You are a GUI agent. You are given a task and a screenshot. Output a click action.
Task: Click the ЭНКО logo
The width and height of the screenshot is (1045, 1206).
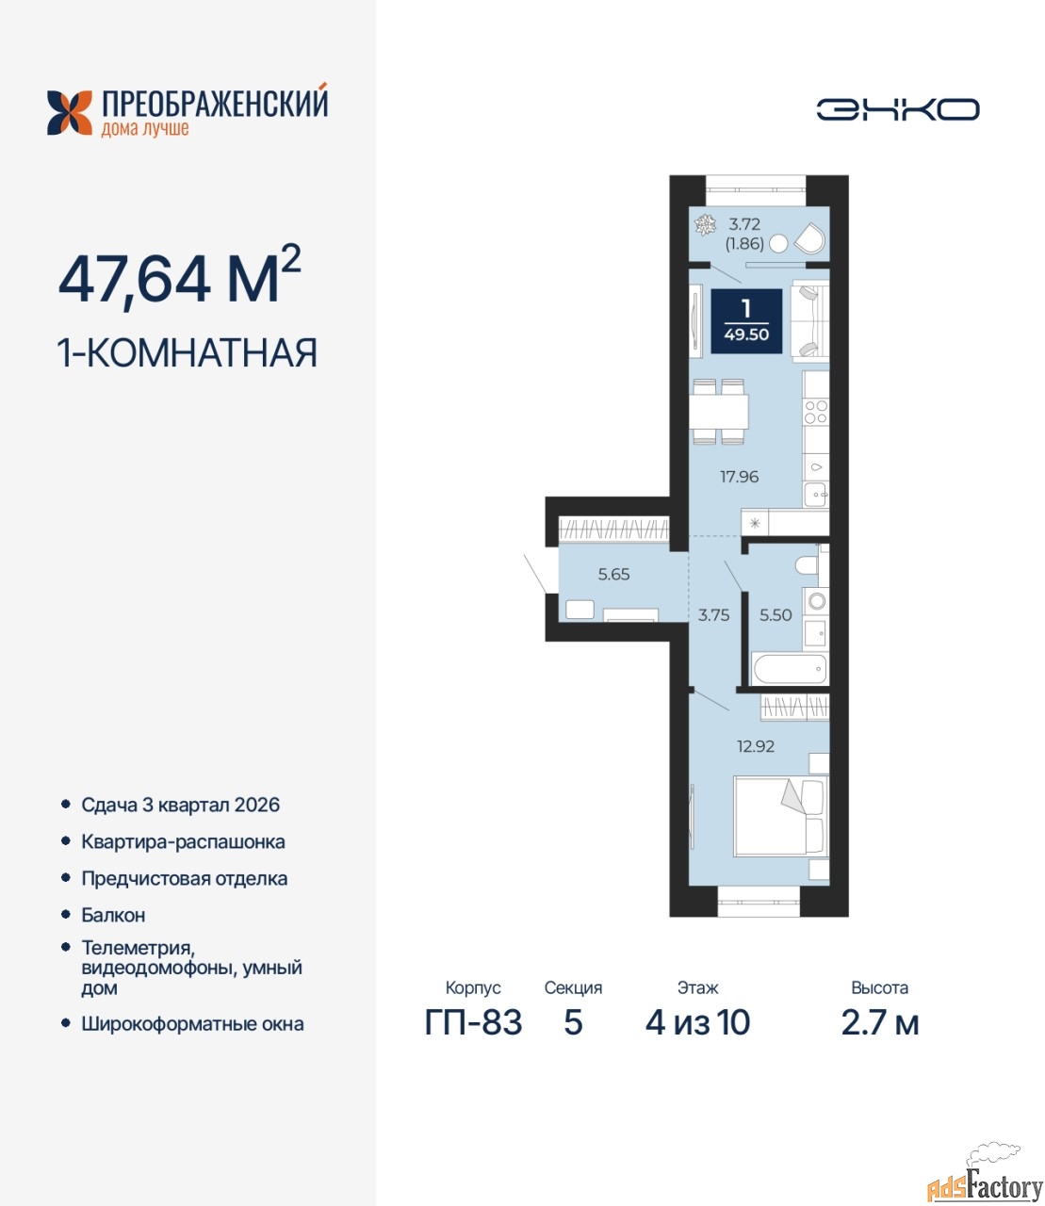pyautogui.click(x=897, y=109)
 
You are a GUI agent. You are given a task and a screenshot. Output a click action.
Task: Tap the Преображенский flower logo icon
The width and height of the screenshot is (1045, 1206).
pyautogui.click(x=70, y=113)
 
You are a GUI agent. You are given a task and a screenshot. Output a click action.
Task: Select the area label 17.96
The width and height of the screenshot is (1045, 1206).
pyautogui.click(x=740, y=477)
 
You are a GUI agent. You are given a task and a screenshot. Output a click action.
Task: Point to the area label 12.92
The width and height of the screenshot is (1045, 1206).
pyautogui.click(x=756, y=745)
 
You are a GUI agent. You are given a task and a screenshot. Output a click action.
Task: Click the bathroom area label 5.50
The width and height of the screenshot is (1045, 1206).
pyautogui.click(x=776, y=614)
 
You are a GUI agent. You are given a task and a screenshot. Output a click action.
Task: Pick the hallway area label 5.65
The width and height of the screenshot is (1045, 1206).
pyautogui.click(x=613, y=574)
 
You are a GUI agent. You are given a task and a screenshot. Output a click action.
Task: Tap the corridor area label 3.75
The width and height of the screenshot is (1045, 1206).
pyautogui.click(x=713, y=615)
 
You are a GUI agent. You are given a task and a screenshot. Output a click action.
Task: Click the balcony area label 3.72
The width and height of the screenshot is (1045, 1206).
pyautogui.click(x=743, y=223)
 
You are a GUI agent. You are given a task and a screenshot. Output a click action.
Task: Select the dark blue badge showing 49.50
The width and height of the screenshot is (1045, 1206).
pyautogui.click(x=746, y=321)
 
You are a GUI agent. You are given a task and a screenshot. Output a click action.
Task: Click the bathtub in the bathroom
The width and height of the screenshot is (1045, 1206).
pyautogui.click(x=790, y=669)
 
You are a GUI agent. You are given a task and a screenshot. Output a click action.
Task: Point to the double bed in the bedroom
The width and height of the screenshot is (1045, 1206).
pyautogui.click(x=780, y=816)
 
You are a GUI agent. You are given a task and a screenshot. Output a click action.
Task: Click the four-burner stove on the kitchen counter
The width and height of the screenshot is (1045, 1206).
pyautogui.click(x=816, y=411)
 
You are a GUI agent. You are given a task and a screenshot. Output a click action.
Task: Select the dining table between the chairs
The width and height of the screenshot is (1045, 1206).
pyautogui.click(x=718, y=412)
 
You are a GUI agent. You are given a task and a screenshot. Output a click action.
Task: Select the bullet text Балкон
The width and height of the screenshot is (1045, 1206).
pyautogui.click(x=113, y=915)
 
